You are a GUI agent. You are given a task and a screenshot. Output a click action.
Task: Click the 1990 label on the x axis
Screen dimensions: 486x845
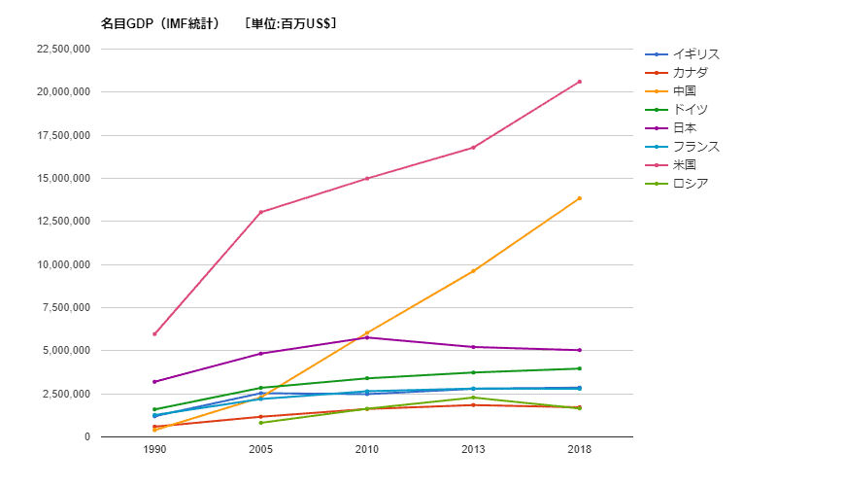154,450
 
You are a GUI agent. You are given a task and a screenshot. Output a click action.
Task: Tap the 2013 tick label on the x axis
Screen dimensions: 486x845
473,450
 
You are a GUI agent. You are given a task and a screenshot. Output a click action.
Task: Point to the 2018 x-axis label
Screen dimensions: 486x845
580,450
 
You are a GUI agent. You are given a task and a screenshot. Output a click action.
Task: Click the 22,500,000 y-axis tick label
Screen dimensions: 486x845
61,50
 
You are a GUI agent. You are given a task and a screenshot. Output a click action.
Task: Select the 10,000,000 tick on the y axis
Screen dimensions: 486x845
61,264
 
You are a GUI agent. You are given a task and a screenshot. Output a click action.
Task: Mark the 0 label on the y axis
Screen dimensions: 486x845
87,437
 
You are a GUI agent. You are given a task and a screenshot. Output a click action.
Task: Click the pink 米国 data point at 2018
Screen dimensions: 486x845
580,82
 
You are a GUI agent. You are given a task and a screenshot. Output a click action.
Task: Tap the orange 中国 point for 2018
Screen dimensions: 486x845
580,198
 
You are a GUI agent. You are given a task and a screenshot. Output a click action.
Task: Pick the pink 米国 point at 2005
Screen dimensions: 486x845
260,212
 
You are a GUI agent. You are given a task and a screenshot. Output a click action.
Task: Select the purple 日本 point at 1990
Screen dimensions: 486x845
154,382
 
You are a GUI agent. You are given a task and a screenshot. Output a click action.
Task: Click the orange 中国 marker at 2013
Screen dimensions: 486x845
473,271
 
